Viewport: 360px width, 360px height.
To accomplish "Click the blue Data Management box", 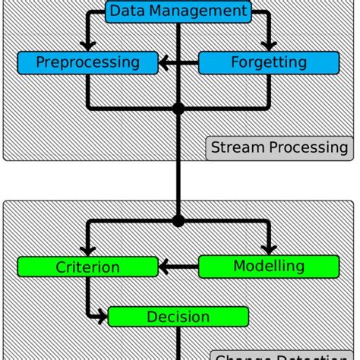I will coord(178,11).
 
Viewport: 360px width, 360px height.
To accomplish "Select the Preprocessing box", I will coord(87,62).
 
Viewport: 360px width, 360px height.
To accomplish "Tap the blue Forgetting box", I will coord(269,62).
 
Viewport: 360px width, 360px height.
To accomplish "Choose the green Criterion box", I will coord(87,267).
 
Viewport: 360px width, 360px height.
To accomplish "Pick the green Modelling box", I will coord(269,266).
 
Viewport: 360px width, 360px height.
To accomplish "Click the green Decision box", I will coord(178,316).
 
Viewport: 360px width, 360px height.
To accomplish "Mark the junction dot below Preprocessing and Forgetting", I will coord(178,109).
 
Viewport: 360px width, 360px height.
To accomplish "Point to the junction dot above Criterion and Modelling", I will coord(178,221).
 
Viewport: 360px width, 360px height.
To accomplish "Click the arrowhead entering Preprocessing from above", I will coord(88,45).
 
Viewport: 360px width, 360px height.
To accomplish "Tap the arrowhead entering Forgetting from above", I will coord(269,45).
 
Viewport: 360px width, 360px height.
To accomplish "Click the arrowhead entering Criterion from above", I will coord(88,250).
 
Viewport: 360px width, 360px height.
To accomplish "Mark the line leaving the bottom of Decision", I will coord(178,342).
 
